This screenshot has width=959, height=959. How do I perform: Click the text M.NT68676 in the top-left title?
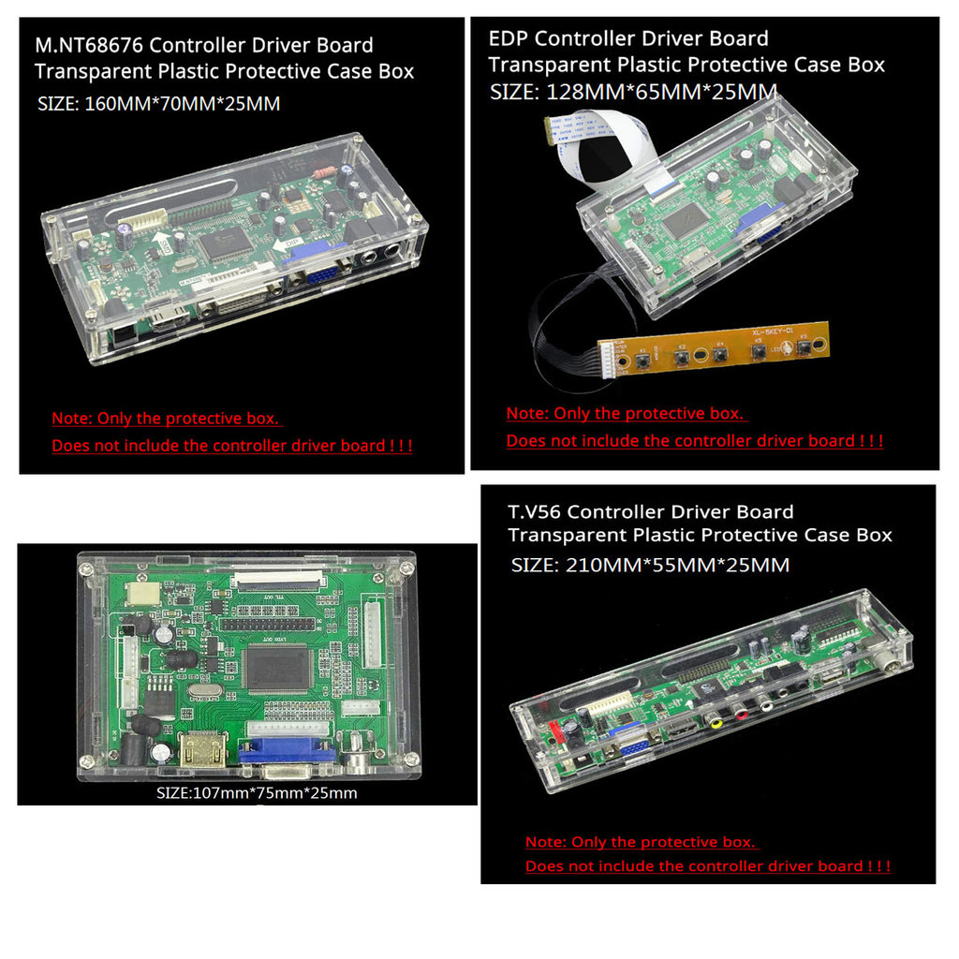pos(88,45)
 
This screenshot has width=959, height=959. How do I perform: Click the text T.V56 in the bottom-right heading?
pos(535,512)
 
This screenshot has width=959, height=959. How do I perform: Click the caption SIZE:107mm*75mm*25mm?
pos(257,793)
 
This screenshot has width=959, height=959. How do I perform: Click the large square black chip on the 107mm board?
pos(276,669)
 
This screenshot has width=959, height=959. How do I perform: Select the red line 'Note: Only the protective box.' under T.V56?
pos(641,842)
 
